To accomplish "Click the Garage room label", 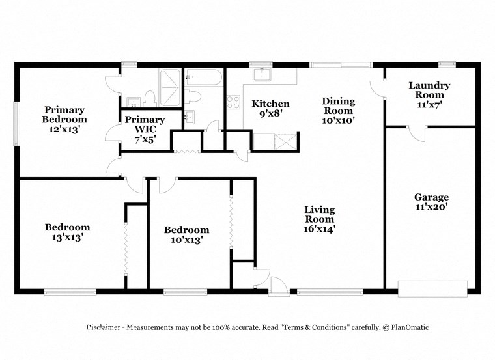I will tap(431, 202).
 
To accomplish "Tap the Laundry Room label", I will tap(429, 94).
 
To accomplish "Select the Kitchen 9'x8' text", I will tap(270, 109).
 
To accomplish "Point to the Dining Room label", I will tap(339, 110).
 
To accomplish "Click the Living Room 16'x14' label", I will tap(319, 219).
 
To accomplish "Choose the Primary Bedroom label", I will tap(64, 119).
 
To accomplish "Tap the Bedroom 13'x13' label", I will tap(67, 232).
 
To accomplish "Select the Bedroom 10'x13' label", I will tap(186, 234).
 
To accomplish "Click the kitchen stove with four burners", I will tap(233, 102).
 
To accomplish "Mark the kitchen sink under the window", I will tap(262, 74).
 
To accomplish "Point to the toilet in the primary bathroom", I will tap(149, 99).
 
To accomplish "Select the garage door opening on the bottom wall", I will tap(432, 287).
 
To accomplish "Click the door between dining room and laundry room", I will tap(377, 89).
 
